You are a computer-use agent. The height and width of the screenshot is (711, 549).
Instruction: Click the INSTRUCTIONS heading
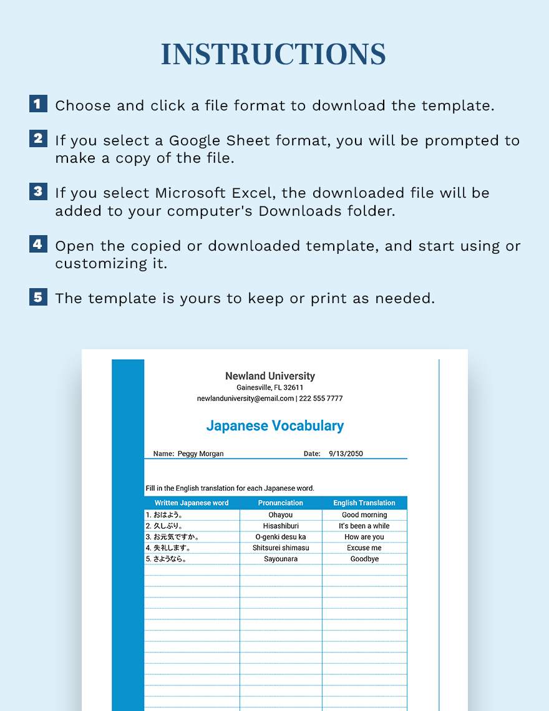click(x=274, y=55)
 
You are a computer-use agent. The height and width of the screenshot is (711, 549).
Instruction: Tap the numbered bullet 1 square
click(x=38, y=104)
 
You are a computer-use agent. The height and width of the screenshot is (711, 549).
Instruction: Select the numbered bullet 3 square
click(x=38, y=191)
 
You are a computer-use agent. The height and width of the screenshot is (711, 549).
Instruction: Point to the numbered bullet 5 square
click(x=38, y=296)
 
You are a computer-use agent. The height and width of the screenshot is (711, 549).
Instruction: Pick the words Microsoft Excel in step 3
click(x=218, y=193)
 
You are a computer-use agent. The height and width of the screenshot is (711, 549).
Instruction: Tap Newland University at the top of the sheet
click(x=270, y=376)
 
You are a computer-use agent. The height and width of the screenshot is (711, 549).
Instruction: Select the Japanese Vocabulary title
click(x=274, y=426)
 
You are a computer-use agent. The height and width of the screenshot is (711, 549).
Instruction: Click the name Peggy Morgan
click(x=200, y=454)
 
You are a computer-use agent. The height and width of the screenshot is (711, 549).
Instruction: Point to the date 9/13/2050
click(x=346, y=454)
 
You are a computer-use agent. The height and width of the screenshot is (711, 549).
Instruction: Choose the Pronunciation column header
click(x=281, y=503)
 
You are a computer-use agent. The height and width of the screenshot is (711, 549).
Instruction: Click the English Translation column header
click(x=364, y=503)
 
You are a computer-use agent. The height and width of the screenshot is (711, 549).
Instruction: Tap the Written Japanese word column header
click(x=192, y=503)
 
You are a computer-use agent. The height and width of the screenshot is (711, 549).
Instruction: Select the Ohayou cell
click(x=281, y=515)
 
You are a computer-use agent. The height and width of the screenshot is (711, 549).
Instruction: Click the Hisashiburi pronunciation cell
click(x=281, y=526)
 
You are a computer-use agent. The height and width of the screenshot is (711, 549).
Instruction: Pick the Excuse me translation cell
click(x=364, y=548)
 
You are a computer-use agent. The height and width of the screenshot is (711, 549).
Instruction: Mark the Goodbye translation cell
click(x=364, y=559)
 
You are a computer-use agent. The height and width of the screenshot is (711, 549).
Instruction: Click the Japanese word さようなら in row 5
click(x=170, y=559)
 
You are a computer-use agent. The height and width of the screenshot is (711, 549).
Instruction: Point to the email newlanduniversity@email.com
click(x=245, y=399)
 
